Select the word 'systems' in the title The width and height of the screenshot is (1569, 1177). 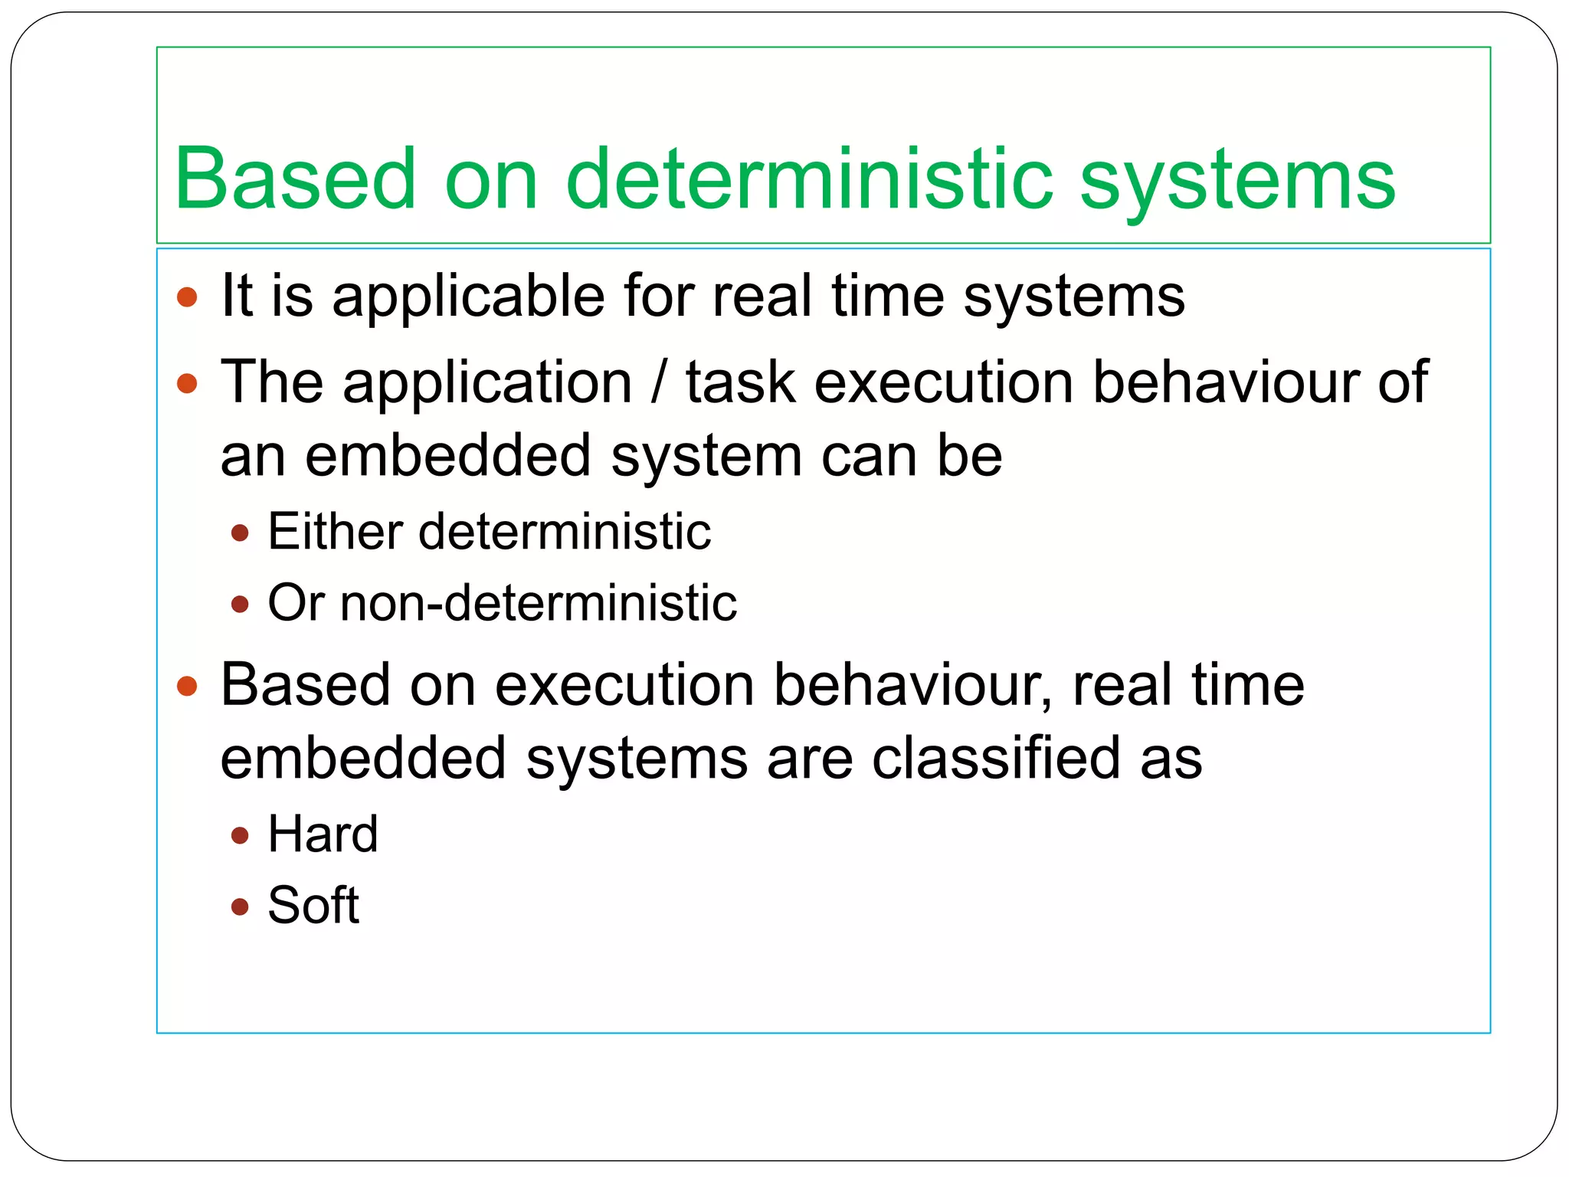tap(1237, 184)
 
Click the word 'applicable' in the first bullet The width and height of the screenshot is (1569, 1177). tap(468, 297)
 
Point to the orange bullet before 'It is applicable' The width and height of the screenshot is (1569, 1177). tap(187, 297)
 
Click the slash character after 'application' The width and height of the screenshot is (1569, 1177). tap(658, 382)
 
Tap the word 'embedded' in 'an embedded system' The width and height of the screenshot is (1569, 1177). tap(447, 456)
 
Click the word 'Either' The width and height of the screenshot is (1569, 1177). tap(335, 531)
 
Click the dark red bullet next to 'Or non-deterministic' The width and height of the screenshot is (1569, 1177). tap(240, 605)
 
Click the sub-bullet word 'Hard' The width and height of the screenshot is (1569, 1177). tap(323, 834)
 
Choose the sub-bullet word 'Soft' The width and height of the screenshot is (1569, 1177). tap(313, 905)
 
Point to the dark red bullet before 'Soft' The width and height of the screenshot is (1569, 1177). tap(240, 907)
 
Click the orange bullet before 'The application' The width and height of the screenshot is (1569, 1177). tap(187, 383)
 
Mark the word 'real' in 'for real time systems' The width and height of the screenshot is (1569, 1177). tap(762, 297)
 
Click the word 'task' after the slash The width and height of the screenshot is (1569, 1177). tap(740, 382)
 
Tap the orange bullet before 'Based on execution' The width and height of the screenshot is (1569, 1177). tap(187, 686)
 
